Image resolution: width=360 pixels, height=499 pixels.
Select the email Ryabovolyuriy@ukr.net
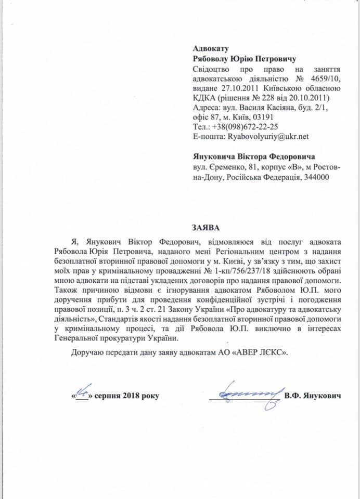point(269,137)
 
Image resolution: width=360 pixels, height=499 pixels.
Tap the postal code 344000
point(316,178)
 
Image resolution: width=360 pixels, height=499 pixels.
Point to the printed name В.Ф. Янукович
point(313,397)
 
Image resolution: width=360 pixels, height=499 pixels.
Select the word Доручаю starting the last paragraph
point(88,352)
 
